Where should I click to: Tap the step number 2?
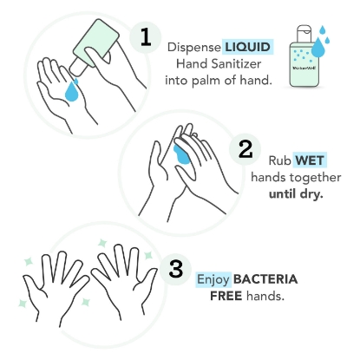[245, 150]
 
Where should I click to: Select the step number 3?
[177, 267]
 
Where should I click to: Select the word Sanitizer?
[244, 63]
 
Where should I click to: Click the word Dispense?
[193, 46]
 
